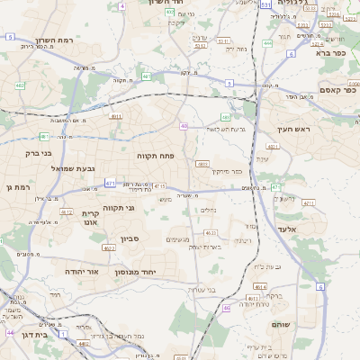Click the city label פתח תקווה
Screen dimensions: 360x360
click(155, 156)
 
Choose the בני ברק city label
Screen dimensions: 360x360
click(34, 153)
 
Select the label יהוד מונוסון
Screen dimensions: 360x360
click(136, 271)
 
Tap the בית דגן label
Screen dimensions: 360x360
click(51, 333)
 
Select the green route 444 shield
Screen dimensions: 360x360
click(267, 42)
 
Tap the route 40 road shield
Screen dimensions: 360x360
click(184, 126)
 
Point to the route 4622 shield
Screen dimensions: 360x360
click(108, 247)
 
